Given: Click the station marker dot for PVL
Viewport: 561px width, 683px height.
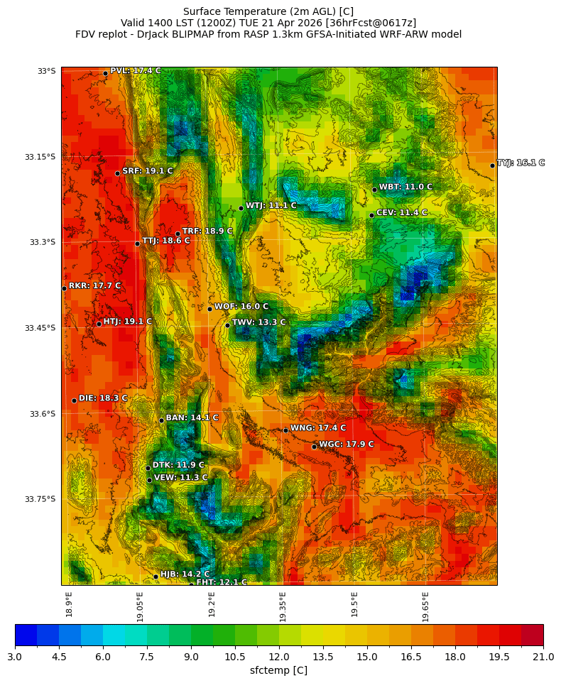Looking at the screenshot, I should pyautogui.click(x=105, y=73).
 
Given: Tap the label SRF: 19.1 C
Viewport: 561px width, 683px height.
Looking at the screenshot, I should pyautogui.click(x=147, y=171).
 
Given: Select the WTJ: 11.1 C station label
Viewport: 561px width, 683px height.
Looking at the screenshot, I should pyautogui.click(x=271, y=205).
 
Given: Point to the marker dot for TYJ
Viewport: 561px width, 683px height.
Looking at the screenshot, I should pyautogui.click(x=492, y=165).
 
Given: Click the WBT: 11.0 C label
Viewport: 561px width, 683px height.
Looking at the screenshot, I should pyautogui.click(x=405, y=187).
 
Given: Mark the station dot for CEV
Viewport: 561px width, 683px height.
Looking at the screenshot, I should pyautogui.click(x=371, y=215).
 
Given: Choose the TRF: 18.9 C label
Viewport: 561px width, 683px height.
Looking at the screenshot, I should pyautogui.click(x=207, y=231).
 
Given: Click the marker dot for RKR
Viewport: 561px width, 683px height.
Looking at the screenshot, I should pyautogui.click(x=64, y=288).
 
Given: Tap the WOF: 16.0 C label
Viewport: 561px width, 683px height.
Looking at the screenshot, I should pyautogui.click(x=241, y=307).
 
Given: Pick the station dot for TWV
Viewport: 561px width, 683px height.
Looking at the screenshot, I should pyautogui.click(x=227, y=325).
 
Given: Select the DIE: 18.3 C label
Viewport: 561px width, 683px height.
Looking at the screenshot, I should pyautogui.click(x=103, y=398).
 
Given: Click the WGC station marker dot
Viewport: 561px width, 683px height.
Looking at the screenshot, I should pyautogui.click(x=314, y=447).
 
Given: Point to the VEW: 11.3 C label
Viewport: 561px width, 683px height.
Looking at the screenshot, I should pyautogui.click(x=180, y=478).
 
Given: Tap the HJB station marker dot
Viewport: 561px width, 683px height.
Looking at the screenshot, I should pyautogui.click(x=156, y=577).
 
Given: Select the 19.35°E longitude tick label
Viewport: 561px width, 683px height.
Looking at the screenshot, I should pyautogui.click(x=283, y=607).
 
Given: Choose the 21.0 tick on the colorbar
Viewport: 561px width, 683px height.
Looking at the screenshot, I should pyautogui.click(x=543, y=657).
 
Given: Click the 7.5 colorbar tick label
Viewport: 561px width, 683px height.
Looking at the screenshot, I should pyautogui.click(x=147, y=657).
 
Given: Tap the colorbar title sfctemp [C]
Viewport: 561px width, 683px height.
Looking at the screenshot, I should pyautogui.click(x=279, y=670).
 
